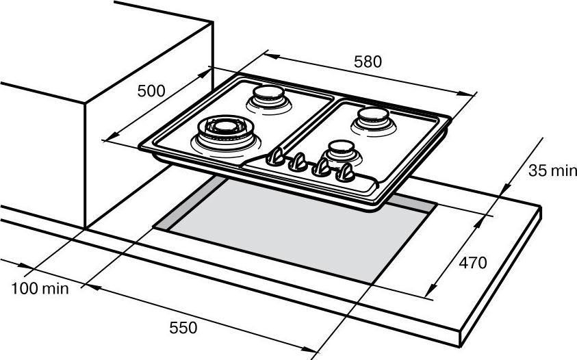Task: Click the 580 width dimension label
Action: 368,62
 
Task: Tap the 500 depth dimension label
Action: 151,91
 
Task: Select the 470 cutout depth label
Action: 473,263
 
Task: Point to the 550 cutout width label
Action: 183,327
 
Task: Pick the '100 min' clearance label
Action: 40,288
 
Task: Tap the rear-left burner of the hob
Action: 270,99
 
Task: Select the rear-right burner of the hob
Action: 374,120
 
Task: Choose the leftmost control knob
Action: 276,157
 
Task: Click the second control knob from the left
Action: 298,162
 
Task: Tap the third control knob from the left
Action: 322,167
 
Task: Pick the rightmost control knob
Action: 345,172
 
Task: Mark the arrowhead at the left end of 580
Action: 272,56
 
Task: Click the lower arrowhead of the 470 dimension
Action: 433,288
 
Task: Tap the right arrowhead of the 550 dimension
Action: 309,348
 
